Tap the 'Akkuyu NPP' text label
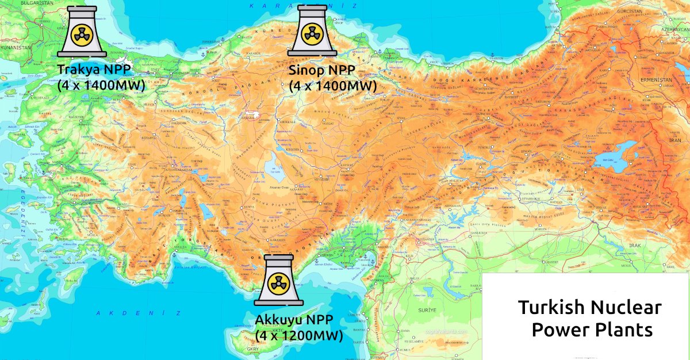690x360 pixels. [x=294, y=320]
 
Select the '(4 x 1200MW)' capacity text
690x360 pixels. [x=299, y=335]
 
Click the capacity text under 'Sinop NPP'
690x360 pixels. [x=332, y=86]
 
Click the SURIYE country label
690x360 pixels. [x=426, y=309]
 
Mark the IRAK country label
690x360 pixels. [x=635, y=246]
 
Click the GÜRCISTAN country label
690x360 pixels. [x=638, y=11]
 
